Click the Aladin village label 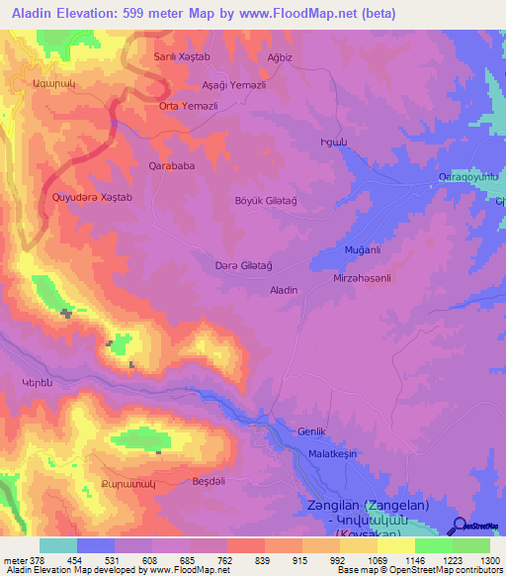click(284, 290)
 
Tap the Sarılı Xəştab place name click(182, 57)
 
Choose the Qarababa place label click(171, 166)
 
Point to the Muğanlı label click(361, 250)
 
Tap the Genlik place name click(311, 432)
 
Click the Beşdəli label click(209, 481)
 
